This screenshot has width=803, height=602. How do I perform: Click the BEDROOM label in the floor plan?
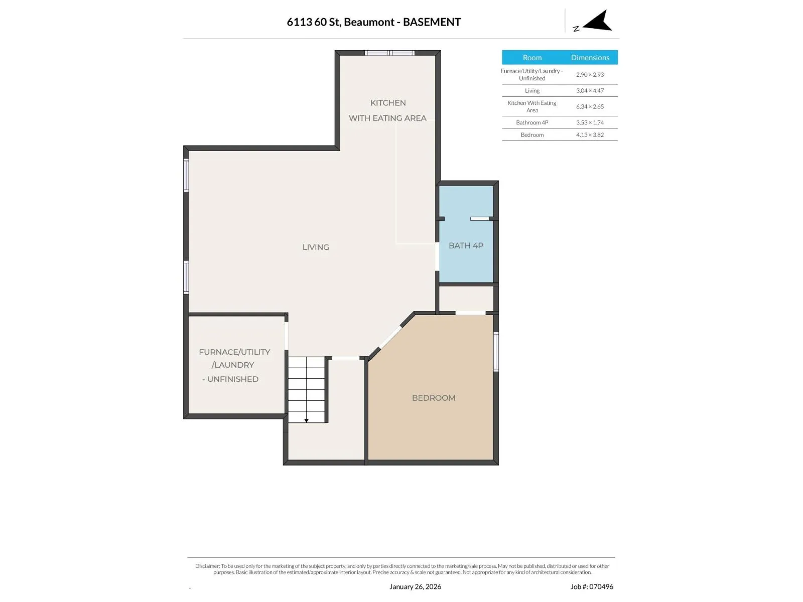(x=434, y=398)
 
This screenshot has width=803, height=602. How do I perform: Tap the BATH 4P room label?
(x=466, y=246)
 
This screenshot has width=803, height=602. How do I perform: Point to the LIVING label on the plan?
(x=316, y=247)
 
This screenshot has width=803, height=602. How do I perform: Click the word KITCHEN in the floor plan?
(x=388, y=103)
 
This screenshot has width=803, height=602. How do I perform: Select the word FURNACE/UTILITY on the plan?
(x=234, y=352)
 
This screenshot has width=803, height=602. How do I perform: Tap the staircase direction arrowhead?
(x=306, y=421)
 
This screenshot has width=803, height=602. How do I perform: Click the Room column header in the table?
(x=532, y=57)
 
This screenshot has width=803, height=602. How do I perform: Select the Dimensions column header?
(x=590, y=57)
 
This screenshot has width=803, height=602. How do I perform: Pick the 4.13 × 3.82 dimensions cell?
(x=590, y=135)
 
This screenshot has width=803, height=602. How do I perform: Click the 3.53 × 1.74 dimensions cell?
(x=590, y=122)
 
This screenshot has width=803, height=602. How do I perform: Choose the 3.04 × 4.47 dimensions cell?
(x=590, y=91)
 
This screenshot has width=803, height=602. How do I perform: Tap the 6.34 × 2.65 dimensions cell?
(x=590, y=107)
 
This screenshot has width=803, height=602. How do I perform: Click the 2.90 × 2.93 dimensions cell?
(x=590, y=75)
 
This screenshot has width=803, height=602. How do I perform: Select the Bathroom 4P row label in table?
(x=532, y=122)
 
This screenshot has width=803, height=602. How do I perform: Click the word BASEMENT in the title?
(x=432, y=22)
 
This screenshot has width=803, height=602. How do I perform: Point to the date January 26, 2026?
(x=415, y=586)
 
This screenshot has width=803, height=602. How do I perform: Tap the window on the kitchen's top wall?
(x=389, y=53)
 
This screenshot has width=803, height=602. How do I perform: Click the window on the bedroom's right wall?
(x=496, y=352)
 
